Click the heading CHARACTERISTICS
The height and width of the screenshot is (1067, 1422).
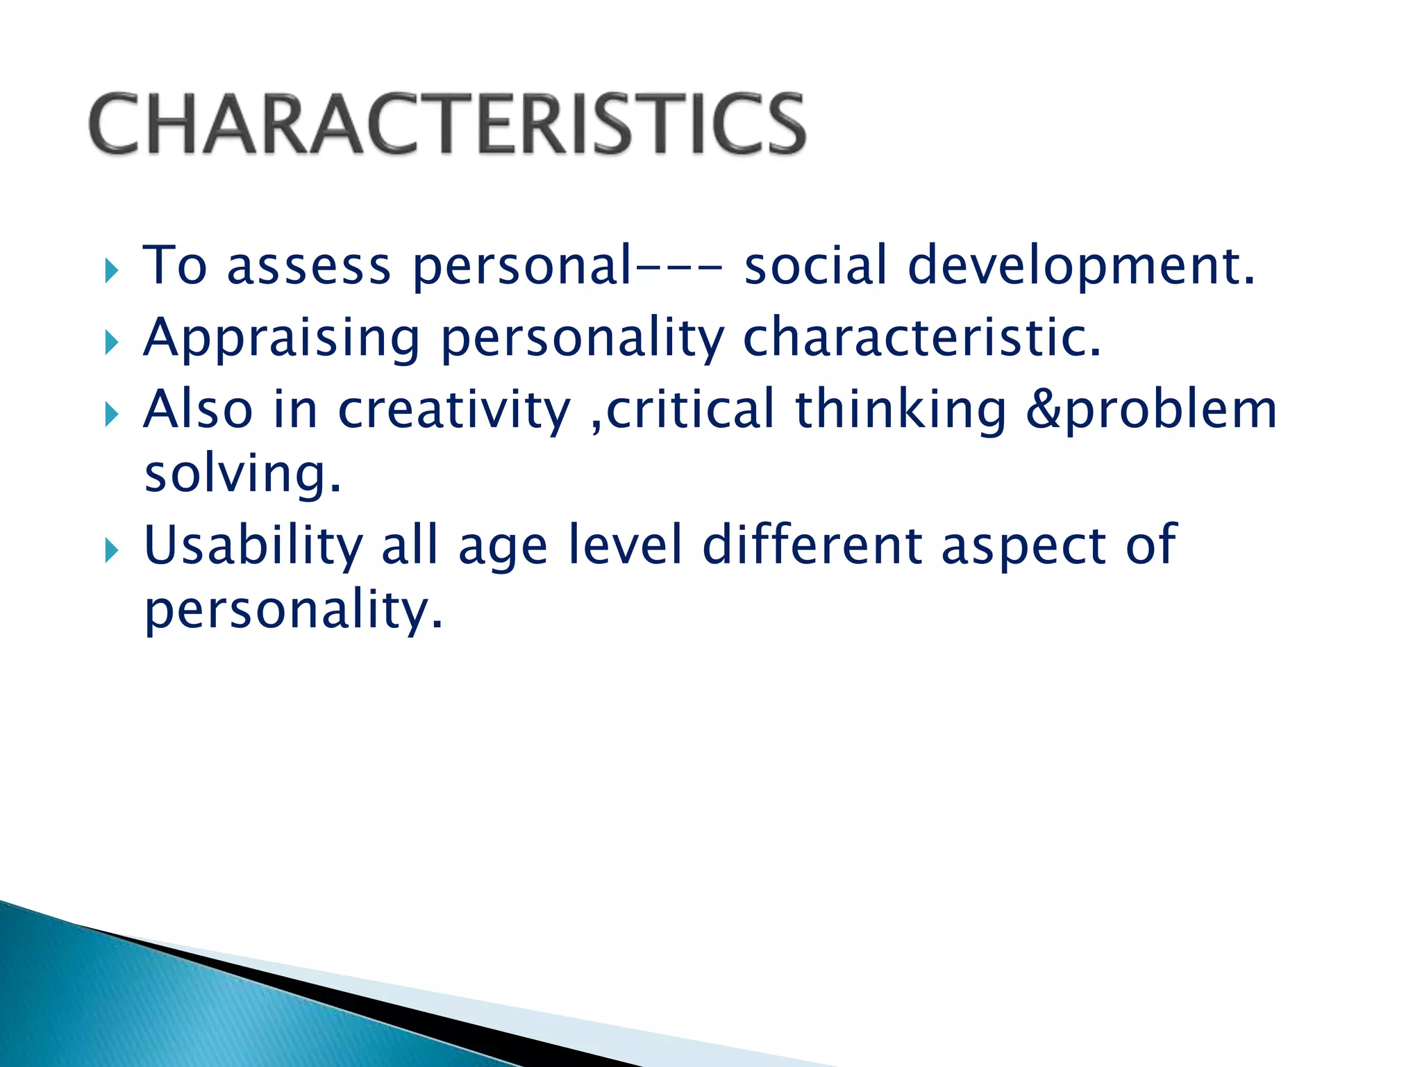(448, 124)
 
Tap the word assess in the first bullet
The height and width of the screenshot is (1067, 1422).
(309, 267)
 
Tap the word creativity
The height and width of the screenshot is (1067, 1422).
(454, 410)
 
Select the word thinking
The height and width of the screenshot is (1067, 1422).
(900, 410)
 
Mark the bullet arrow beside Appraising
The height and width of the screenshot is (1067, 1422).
(112, 342)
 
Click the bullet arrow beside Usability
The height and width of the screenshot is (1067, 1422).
(112, 550)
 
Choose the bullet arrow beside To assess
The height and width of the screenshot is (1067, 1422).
(112, 270)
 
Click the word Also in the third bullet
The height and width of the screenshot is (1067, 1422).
(198, 409)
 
